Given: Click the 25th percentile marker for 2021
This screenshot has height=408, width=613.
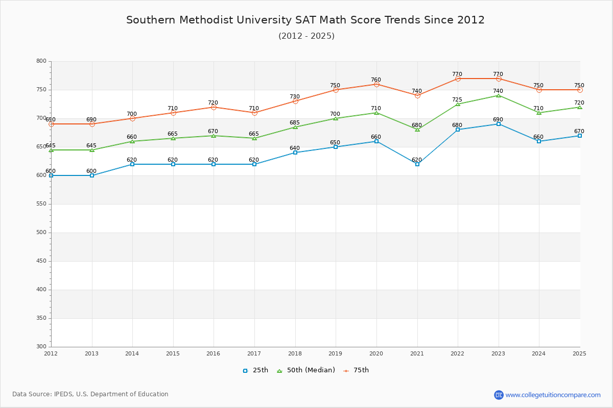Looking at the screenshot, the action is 417,164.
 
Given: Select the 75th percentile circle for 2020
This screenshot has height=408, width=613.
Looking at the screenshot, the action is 376,85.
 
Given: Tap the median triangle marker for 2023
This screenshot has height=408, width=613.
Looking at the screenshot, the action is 499,96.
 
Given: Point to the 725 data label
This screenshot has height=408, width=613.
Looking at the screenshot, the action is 457,99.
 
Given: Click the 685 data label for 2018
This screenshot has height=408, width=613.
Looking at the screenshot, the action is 295,122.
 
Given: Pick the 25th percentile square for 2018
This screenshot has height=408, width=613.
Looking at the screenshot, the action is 295,152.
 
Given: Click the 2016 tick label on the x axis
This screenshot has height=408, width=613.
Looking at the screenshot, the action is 213,353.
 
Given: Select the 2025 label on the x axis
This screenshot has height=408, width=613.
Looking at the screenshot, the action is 579,353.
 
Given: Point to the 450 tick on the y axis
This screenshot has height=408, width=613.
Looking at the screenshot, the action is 41,261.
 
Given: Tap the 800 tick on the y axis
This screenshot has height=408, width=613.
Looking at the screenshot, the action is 41,61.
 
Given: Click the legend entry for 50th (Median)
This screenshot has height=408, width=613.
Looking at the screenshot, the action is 306,370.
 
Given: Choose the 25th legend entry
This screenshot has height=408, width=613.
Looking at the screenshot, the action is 255,370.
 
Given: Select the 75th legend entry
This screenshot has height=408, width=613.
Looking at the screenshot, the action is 356,370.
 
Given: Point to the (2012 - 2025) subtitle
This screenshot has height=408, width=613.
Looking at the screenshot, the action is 306,36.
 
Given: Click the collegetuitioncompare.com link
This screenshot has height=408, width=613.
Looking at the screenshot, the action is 553,395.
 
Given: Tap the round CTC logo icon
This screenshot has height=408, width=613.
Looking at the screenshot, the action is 499,395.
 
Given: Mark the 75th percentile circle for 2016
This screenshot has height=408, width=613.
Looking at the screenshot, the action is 214,108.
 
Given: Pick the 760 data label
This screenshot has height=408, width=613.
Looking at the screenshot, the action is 376,80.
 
